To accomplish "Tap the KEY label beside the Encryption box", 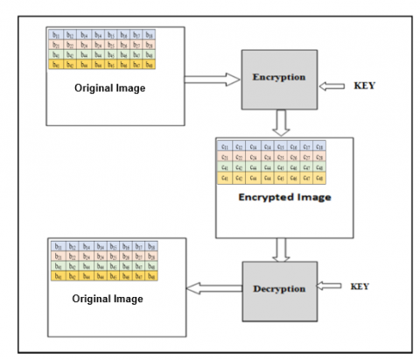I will [360, 87].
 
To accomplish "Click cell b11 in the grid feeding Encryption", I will [57, 36].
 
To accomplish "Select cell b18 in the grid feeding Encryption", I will [150, 36].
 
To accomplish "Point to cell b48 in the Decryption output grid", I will [150, 276].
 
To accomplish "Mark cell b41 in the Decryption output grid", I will [59, 276].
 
